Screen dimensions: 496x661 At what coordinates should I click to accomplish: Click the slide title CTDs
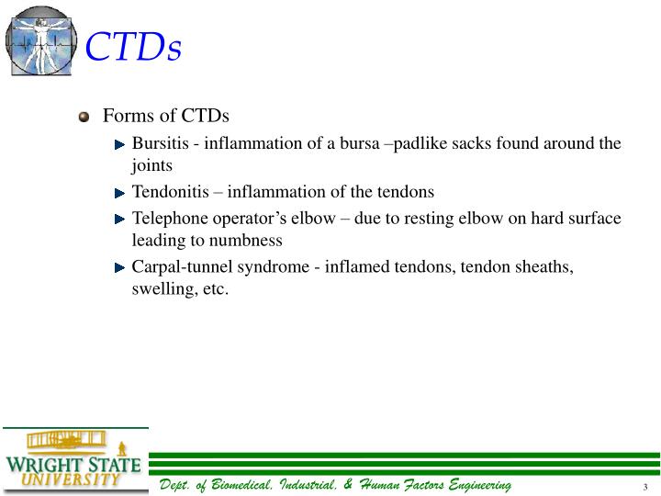(x=133, y=47)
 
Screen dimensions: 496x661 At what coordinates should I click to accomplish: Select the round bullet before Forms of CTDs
(x=84, y=117)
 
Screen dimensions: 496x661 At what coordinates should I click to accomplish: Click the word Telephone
(x=168, y=219)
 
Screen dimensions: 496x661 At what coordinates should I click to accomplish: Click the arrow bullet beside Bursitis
(x=120, y=145)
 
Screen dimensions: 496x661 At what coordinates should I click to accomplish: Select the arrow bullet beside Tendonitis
(x=120, y=193)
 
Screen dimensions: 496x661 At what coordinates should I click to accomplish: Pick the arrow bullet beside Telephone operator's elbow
(x=120, y=220)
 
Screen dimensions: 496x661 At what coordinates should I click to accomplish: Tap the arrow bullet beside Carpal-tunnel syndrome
(x=120, y=267)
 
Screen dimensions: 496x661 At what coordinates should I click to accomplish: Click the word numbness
(x=250, y=241)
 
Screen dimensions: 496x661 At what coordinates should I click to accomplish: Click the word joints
(x=152, y=167)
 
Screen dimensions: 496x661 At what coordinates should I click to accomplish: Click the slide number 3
(x=645, y=487)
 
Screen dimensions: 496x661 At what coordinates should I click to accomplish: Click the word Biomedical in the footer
(x=246, y=485)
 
